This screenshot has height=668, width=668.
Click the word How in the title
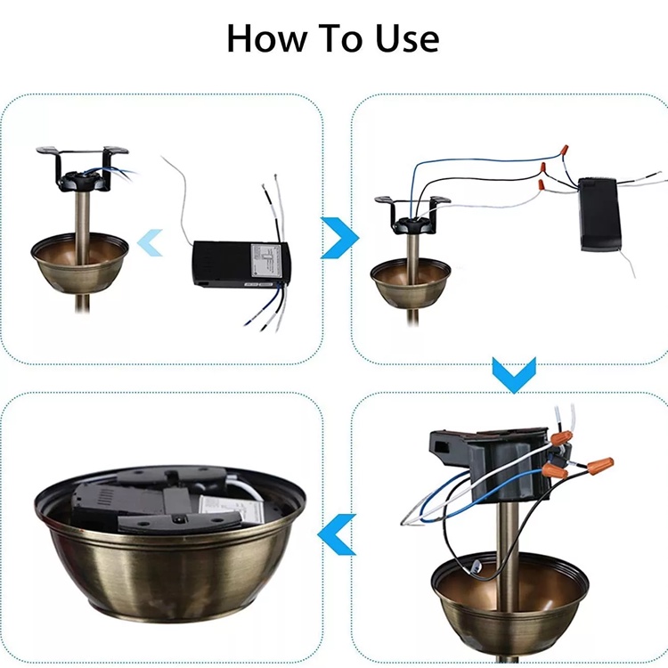coord(266,38)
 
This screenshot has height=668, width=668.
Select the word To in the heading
coord(341,38)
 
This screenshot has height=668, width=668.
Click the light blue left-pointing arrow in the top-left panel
coord(150,242)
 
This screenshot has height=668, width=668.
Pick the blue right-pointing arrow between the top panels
coord(339,238)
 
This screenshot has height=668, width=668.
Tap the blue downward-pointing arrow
coord(514,375)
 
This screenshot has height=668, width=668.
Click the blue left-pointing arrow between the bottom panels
coord(337,534)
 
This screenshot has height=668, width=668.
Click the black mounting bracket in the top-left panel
coord(82,169)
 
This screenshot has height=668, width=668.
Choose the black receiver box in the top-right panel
coord(599,215)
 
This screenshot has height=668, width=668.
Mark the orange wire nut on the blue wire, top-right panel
coord(564,151)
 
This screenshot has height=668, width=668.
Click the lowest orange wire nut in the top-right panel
coord(541,185)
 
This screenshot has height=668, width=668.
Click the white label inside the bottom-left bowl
coord(222,509)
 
